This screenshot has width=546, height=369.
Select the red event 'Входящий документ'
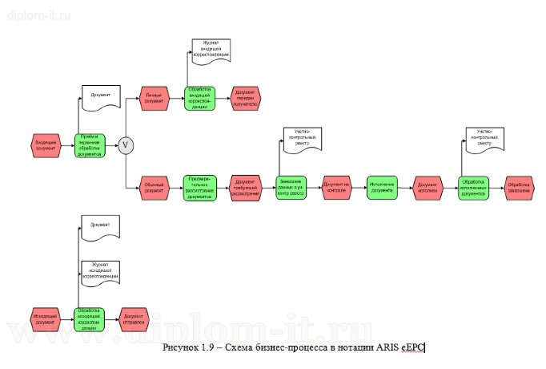[45, 145]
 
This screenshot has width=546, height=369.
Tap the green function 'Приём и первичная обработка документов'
[90, 145]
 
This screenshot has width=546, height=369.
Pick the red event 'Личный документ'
[153, 99]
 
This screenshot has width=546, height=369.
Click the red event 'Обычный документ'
[153, 189]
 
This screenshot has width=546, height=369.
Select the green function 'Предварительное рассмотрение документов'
[199, 189]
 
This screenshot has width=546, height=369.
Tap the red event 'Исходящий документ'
[45, 319]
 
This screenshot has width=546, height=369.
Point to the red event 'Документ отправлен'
[134, 319]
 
